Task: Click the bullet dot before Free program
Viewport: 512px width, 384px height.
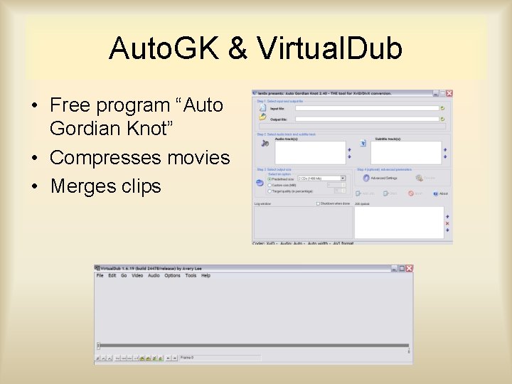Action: click(33, 106)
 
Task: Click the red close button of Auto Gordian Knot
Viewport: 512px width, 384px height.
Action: click(449, 93)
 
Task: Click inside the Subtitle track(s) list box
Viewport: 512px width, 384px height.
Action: click(405, 152)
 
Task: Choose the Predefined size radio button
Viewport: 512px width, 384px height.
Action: click(270, 178)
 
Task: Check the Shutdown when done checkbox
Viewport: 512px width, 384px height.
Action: click(318, 203)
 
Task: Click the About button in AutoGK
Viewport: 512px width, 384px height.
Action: click(441, 193)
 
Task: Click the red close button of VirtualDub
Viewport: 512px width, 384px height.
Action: click(409, 269)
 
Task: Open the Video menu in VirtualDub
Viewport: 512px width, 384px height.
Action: click(137, 276)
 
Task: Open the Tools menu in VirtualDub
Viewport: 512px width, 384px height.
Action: click(191, 276)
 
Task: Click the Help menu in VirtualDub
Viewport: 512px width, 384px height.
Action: click(206, 276)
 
